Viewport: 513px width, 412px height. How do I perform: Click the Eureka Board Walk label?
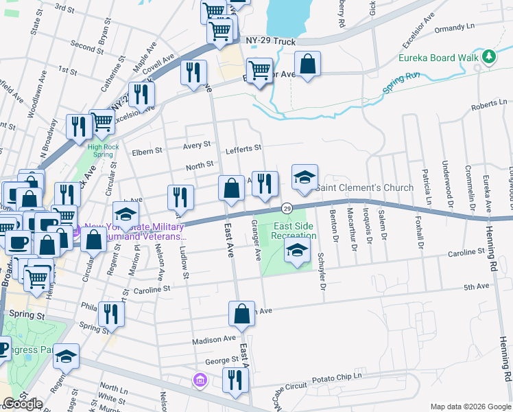[x=438, y=58]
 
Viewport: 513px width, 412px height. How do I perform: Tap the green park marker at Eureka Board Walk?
[x=489, y=57]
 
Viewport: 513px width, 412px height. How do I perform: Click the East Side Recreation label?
[x=294, y=231]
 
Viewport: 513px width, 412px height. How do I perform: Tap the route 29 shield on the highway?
[x=287, y=208]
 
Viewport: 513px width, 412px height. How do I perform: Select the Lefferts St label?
[x=243, y=148]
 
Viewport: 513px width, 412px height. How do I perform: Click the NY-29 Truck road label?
[x=273, y=42]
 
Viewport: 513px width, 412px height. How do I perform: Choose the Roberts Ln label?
[x=488, y=104]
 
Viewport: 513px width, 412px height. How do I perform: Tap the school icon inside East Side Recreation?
[x=296, y=251]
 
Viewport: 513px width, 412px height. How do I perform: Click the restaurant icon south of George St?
[x=235, y=381]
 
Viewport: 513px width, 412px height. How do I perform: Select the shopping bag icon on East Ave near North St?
[x=231, y=190]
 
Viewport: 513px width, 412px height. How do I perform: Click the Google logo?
[x=22, y=404]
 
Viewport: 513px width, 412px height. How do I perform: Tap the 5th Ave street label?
[x=475, y=286]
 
